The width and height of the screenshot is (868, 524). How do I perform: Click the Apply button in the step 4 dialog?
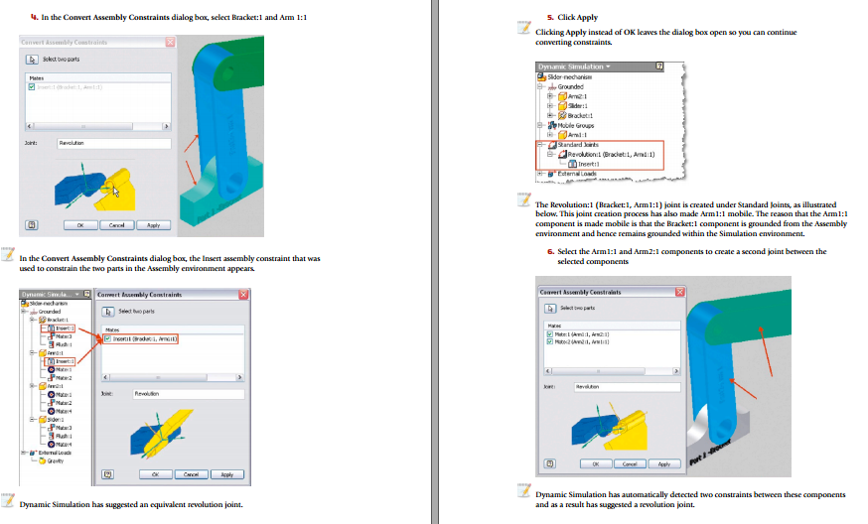click(153, 225)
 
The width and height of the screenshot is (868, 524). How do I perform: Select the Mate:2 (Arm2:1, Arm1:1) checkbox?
click(549, 342)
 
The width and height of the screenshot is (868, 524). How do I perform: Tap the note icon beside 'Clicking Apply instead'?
click(523, 29)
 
